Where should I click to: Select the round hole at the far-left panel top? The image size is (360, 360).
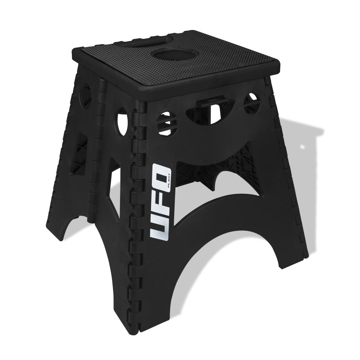[x=85, y=93]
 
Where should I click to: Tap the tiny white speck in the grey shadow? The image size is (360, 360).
[x=302, y=147]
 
